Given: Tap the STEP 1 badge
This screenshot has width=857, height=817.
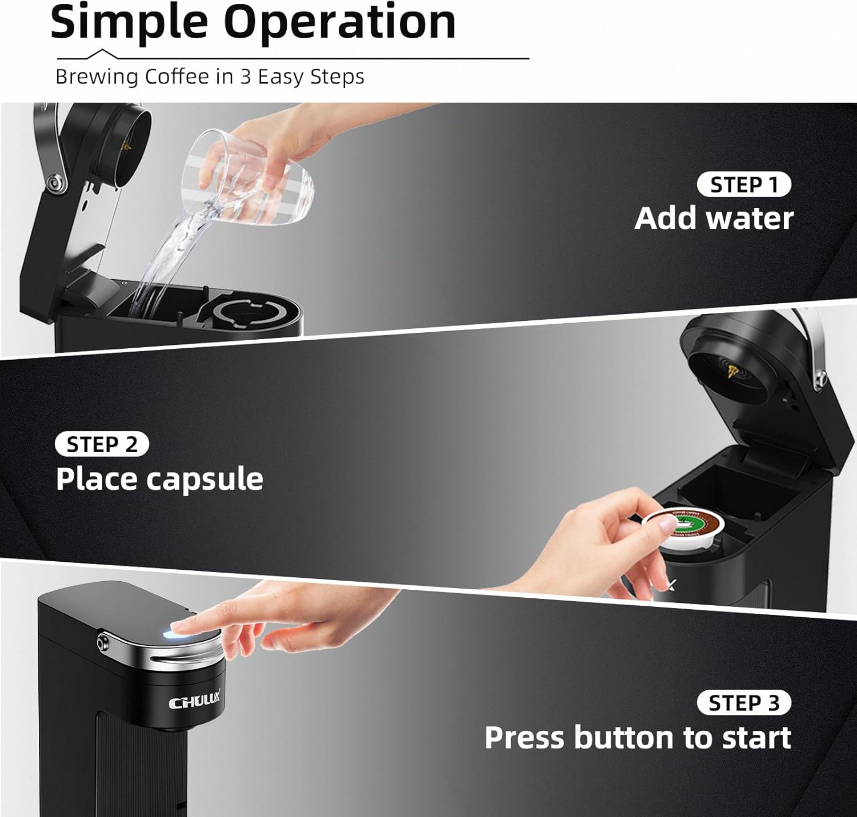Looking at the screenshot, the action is tap(744, 184).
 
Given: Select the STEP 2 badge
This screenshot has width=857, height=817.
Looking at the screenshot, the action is tap(102, 444).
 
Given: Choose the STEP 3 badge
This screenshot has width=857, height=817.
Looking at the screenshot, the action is tap(744, 703).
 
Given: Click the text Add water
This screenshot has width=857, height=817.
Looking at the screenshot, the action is tap(714, 218).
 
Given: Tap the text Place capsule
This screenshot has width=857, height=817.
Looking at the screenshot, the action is tap(159, 480).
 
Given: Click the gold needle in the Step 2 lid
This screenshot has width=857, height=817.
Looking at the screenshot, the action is tap(733, 371).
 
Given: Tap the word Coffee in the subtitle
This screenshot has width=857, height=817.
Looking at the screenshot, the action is tap(177, 77).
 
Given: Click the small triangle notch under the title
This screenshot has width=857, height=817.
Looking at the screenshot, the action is tap(102, 54).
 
